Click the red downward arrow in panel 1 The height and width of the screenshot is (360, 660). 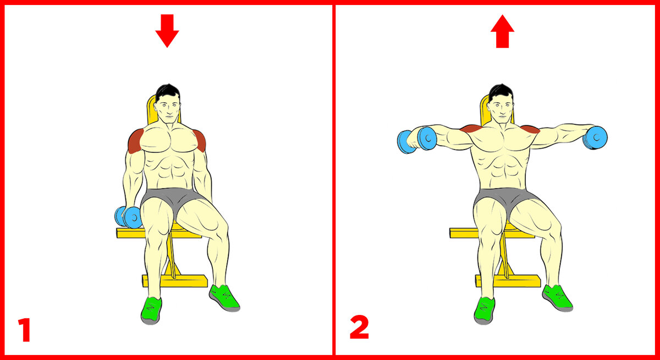pos(167,31)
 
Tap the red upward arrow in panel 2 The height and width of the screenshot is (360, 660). pos(502,31)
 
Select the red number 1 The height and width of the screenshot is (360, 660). pos(25,330)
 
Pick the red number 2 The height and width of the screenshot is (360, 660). pos(359,327)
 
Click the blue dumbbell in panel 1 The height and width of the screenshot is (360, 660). pos(129,217)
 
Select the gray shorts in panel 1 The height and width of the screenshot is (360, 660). pos(174,199)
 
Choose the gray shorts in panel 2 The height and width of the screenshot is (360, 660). pos(507,200)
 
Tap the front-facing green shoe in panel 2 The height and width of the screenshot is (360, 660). pos(484,311)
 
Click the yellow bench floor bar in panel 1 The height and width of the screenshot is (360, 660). pos(175,281)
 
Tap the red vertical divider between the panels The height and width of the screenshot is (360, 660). pos(334,180)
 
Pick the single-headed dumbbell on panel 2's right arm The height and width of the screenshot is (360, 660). pos(595,138)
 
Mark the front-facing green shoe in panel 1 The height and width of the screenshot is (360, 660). pos(151,311)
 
